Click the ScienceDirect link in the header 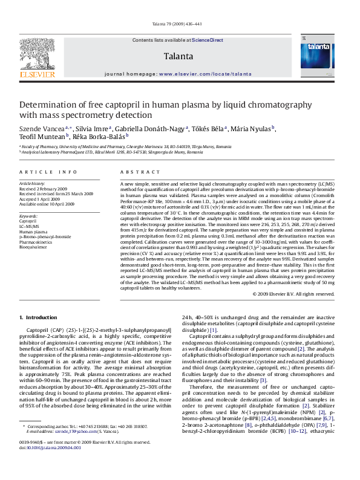208,40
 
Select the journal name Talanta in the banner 178,56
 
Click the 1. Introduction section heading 38,317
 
